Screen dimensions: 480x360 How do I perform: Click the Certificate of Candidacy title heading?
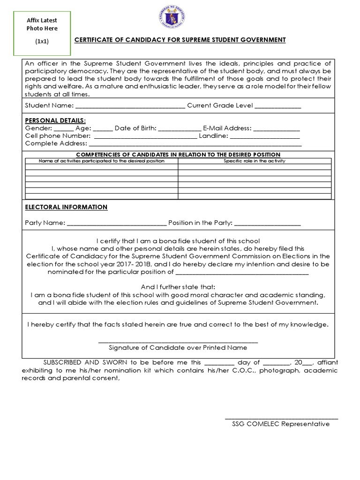pyautogui.click(x=180, y=40)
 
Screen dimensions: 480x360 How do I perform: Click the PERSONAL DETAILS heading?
pyautogui.click(x=49, y=120)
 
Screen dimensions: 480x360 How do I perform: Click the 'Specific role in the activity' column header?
pyautogui.click(x=255, y=161)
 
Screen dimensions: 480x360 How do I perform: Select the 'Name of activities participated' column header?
pyautogui.click(x=101, y=161)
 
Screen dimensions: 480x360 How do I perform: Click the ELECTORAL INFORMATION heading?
pyautogui.click(x=66, y=207)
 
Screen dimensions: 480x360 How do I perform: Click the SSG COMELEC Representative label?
pyautogui.click(x=281, y=424)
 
